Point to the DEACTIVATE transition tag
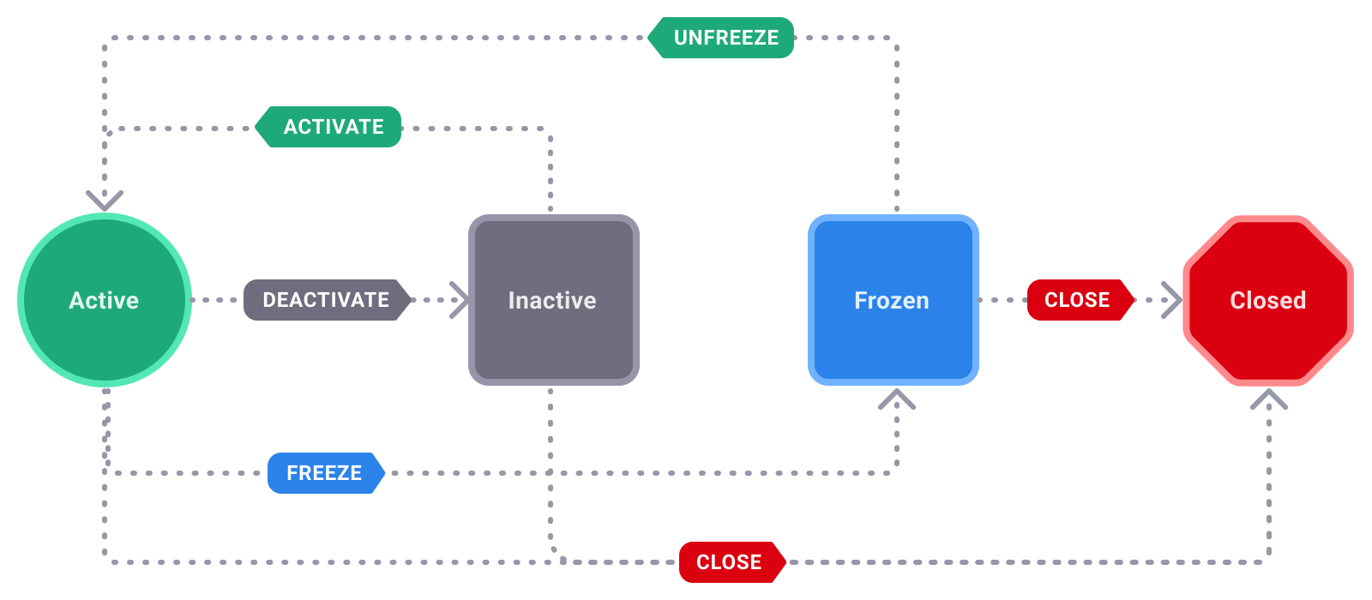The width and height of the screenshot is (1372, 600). [x=326, y=300]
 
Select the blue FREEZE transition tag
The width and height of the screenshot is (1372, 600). [x=325, y=473]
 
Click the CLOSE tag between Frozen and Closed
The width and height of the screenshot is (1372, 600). [x=1078, y=300]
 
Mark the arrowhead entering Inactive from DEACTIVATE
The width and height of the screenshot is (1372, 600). [x=460, y=300]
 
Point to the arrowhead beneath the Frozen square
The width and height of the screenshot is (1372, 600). [x=897, y=399]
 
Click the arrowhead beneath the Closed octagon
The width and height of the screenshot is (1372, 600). [x=1269, y=399]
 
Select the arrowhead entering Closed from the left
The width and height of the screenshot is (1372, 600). [x=1172, y=300]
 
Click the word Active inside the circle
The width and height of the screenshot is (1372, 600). [x=104, y=300]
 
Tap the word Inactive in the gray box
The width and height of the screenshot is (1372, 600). [x=552, y=300]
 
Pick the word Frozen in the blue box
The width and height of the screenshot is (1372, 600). [x=892, y=300]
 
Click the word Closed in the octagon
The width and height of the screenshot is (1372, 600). [x=1267, y=300]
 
